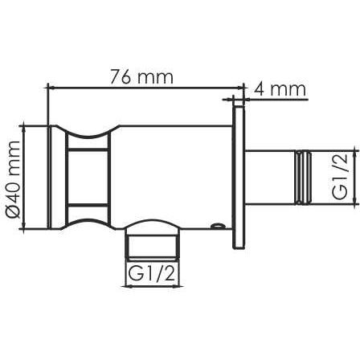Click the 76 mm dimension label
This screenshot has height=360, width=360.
click(x=142, y=77)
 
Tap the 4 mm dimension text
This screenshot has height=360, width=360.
click(x=280, y=89)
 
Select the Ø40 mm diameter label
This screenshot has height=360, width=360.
click(x=13, y=179)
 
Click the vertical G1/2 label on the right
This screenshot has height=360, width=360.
click(x=340, y=177)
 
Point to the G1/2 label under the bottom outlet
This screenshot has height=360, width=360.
click(x=152, y=274)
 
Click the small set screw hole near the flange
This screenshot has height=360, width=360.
click(x=217, y=226)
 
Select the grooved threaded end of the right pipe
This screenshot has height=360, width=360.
click(x=303, y=178)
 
